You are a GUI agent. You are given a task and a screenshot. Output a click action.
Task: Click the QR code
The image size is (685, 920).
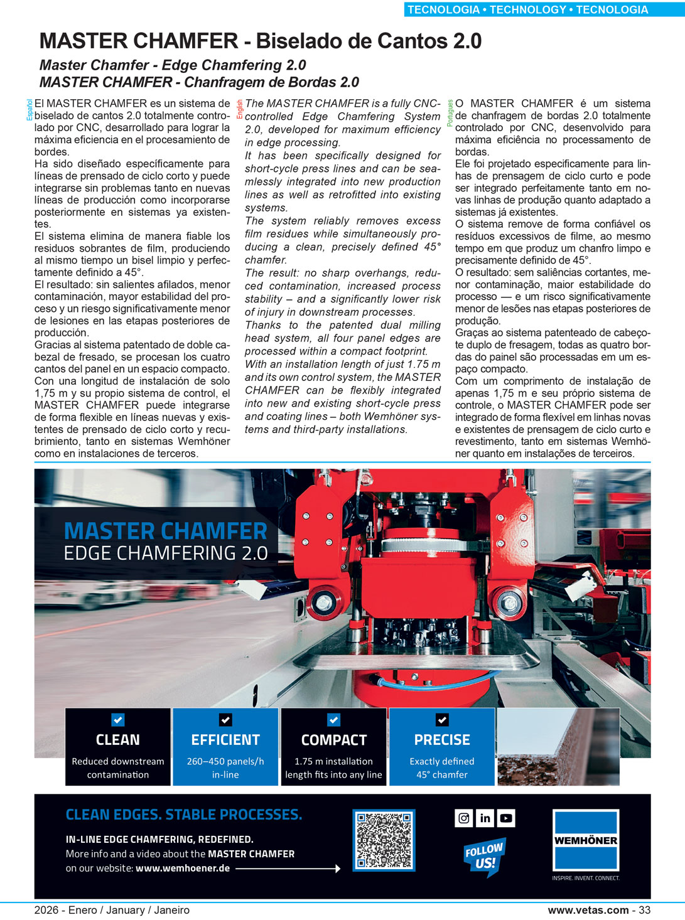pyautogui.click(x=384, y=840)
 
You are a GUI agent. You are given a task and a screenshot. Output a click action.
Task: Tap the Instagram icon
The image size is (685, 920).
pyautogui.click(x=463, y=818)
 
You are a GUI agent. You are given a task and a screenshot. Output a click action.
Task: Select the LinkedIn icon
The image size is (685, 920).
pyautogui.click(x=485, y=818)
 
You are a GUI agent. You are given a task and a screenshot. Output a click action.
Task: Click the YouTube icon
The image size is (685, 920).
pyautogui.click(x=506, y=818)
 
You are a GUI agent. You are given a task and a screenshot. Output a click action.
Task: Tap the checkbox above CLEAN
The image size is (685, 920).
pyautogui.click(x=118, y=720)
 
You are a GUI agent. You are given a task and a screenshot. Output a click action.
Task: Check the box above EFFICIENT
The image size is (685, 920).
pyautogui.click(x=225, y=720)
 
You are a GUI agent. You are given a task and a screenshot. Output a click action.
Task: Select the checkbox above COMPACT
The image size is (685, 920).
pyautogui.click(x=334, y=720)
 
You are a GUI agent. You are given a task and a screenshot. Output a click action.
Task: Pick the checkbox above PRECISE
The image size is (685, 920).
pyautogui.click(x=442, y=720)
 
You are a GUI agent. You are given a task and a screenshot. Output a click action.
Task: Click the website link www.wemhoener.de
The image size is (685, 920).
pyautogui.click(x=182, y=869)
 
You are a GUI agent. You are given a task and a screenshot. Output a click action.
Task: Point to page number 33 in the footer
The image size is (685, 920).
pyautogui.click(x=644, y=910)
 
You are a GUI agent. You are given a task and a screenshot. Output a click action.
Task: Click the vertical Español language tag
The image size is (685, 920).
pyautogui.click(x=29, y=110)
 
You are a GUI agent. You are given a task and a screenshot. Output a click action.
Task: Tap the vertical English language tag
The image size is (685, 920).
pyautogui.click(x=240, y=109)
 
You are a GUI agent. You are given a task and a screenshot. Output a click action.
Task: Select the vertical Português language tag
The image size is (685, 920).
pyautogui.click(x=450, y=113)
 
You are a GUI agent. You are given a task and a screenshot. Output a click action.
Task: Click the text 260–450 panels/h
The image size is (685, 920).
pyautogui.click(x=225, y=761)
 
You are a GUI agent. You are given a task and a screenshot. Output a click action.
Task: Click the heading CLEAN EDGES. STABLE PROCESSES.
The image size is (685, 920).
pyautogui.click(x=184, y=815)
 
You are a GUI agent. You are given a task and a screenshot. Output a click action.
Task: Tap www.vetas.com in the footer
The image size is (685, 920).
pyautogui.click(x=588, y=910)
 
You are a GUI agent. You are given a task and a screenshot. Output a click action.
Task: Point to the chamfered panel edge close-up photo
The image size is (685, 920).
pyautogui.click(x=558, y=747)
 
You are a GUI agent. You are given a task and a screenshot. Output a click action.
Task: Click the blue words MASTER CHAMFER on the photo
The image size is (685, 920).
pyautogui.click(x=166, y=532)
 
